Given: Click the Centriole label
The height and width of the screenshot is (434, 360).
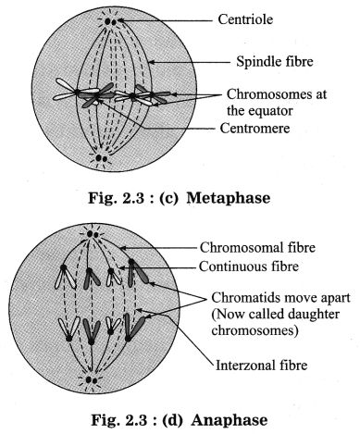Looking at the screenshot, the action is (245, 19).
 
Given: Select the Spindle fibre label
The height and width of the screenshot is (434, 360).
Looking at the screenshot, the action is (275, 61).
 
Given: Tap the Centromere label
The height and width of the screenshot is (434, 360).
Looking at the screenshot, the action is (254, 128).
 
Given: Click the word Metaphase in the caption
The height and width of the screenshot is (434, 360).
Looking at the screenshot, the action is (229, 198).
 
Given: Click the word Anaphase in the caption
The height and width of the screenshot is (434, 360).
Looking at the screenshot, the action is (230, 420).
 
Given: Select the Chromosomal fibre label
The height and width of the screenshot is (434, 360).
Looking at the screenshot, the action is (257, 247).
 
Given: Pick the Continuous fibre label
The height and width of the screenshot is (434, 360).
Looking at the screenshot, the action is (249, 267).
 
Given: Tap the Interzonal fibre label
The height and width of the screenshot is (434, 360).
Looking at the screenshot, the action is (262, 366).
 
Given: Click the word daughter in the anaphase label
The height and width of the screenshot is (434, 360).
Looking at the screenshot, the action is (312, 315).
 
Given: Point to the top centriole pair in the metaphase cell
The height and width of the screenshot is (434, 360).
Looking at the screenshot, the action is (110, 21).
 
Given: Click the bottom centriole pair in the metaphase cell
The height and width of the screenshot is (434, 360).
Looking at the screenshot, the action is (101, 158).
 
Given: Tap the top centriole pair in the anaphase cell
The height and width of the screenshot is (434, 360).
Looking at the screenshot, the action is (93, 234).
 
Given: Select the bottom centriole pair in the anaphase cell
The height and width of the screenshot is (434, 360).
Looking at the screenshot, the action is (92, 380).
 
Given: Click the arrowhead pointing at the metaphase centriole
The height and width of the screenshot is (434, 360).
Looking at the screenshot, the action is (120, 21).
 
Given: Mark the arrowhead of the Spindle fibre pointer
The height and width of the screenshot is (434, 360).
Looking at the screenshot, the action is (151, 62).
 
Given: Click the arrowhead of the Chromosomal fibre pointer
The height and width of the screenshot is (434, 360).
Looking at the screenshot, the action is (122, 247).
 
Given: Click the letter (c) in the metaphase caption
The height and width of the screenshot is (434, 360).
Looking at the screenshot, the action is (168, 198).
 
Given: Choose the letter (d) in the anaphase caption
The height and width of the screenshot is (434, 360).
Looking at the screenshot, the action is (172, 420).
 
